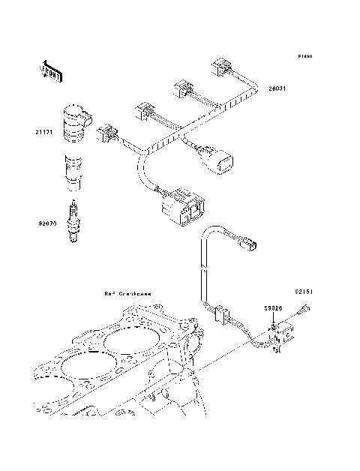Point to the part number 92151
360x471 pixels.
coord(301,288)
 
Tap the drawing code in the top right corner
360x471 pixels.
coord(304,56)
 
